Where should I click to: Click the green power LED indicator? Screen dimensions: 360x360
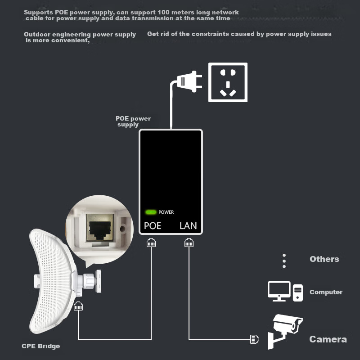pyautogui.click(x=151, y=212)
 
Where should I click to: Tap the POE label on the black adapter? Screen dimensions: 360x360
pyautogui.click(x=153, y=226)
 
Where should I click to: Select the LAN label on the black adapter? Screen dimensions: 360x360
pyautogui.click(x=188, y=226)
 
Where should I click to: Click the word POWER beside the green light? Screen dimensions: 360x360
pyautogui.click(x=166, y=212)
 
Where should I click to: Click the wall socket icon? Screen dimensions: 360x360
pyautogui.click(x=228, y=82)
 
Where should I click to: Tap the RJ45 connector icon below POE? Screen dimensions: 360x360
pyautogui.click(x=151, y=243)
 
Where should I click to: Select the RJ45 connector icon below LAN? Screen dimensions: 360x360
pyautogui.click(x=189, y=243)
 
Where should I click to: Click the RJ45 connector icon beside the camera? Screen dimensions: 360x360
pyautogui.click(x=254, y=339)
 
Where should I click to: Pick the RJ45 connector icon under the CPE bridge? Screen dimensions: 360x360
pyautogui.click(x=78, y=306)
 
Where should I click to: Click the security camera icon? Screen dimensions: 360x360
pyautogui.click(x=285, y=332)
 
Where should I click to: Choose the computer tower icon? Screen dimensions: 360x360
pyautogui.click(x=298, y=293)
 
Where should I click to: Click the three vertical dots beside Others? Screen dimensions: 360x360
pyautogui.click(x=284, y=261)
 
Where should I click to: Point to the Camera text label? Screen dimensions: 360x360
pyautogui.click(x=328, y=339)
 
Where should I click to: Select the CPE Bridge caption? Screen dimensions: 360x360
pyautogui.click(x=41, y=346)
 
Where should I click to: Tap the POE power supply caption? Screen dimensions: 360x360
pyautogui.click(x=133, y=121)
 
